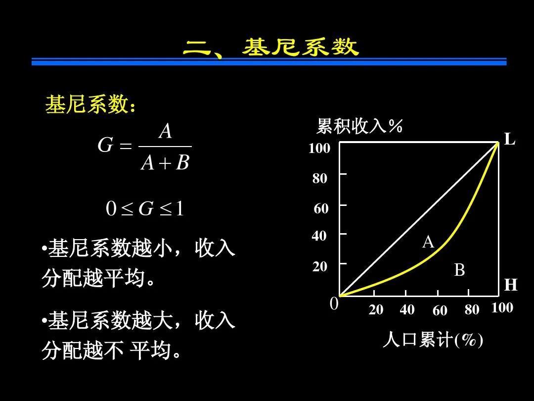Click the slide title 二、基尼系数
pyautogui.click(x=271, y=47)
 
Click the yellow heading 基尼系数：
pyautogui.click(x=90, y=104)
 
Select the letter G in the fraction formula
pyautogui.click(x=105, y=145)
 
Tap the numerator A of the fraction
pyautogui.click(x=166, y=131)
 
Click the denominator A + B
pyautogui.click(x=165, y=162)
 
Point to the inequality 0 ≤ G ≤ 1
pyautogui.click(x=145, y=208)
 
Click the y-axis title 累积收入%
pyautogui.click(x=359, y=126)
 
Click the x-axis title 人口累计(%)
pyautogui.click(x=433, y=340)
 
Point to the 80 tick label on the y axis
pyautogui.click(x=320, y=178)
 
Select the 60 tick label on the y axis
pyautogui.click(x=321, y=208)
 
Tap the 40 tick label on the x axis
pyautogui.click(x=407, y=309)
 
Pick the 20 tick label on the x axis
pyautogui.click(x=376, y=309)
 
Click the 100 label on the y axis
pyautogui.click(x=319, y=148)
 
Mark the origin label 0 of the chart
pyautogui.click(x=334, y=303)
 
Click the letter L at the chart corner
pyautogui.click(x=509, y=140)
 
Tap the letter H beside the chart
pyautogui.click(x=511, y=285)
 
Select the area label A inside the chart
pyautogui.click(x=428, y=242)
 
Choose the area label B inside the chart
pyautogui.click(x=459, y=270)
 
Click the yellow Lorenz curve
pyautogui.click(x=443, y=245)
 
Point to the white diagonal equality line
pyautogui.click(x=419, y=219)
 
